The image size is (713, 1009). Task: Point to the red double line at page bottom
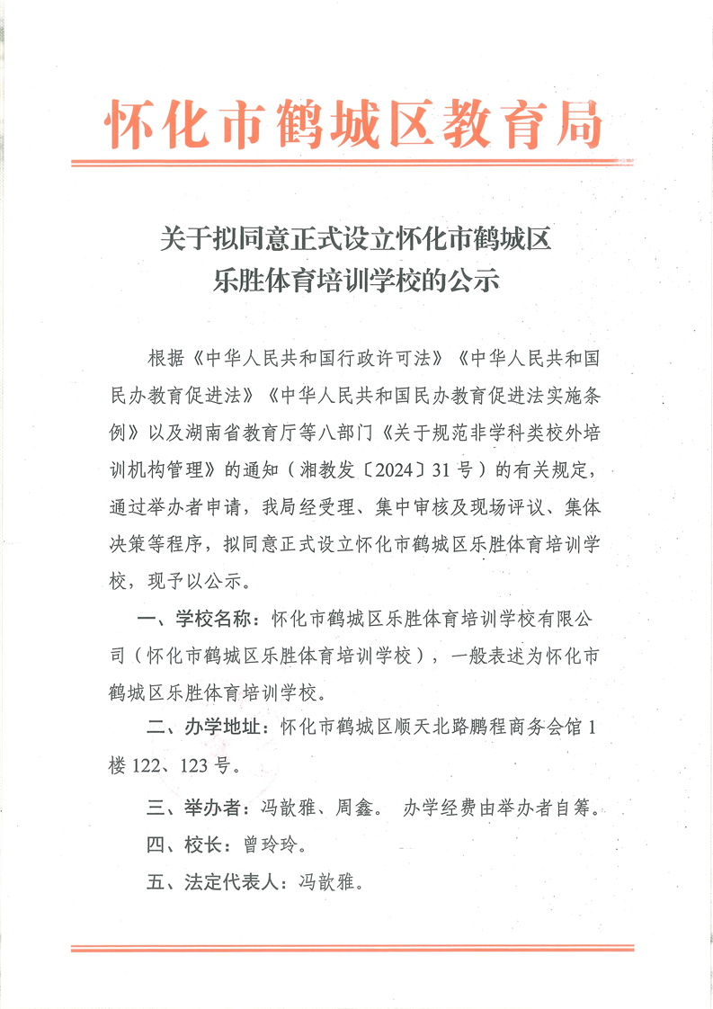357,948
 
